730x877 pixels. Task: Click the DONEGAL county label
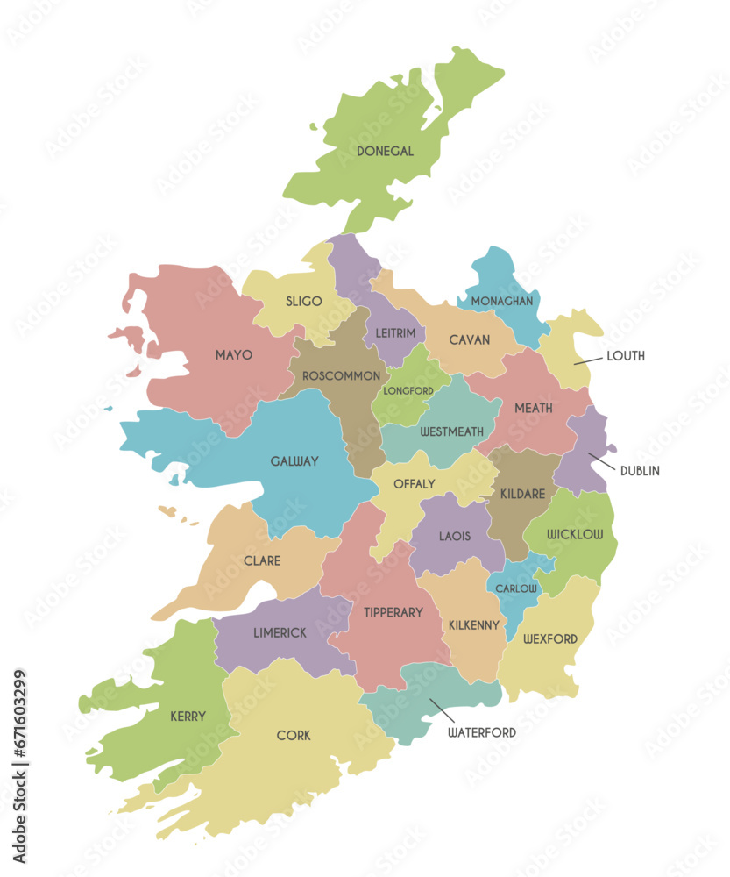click(x=385, y=151)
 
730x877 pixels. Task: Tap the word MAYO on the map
click(x=233, y=355)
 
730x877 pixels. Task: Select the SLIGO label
click(x=303, y=301)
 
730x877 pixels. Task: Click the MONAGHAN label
click(x=501, y=301)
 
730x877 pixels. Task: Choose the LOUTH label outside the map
click(x=625, y=356)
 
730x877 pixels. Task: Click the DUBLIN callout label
click(x=640, y=471)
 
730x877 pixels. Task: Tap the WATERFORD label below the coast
click(x=481, y=731)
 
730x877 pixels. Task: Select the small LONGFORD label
click(x=408, y=390)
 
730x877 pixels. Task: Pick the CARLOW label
click(x=516, y=588)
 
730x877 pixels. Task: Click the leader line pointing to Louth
click(x=588, y=360)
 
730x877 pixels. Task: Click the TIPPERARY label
click(x=393, y=612)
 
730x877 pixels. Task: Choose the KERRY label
click(x=188, y=716)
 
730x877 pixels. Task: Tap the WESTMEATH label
click(x=451, y=431)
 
